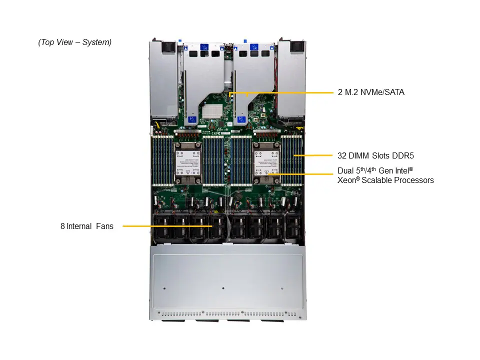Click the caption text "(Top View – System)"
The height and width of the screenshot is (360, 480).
(74, 42)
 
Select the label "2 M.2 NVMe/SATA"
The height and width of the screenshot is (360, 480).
(370, 92)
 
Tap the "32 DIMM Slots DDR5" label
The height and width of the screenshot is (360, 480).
(375, 155)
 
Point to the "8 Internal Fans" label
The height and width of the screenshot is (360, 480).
(87, 226)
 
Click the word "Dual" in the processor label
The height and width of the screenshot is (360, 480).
(345, 171)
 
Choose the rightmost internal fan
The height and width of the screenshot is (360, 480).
(293, 227)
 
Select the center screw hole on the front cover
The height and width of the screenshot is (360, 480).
(222, 288)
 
